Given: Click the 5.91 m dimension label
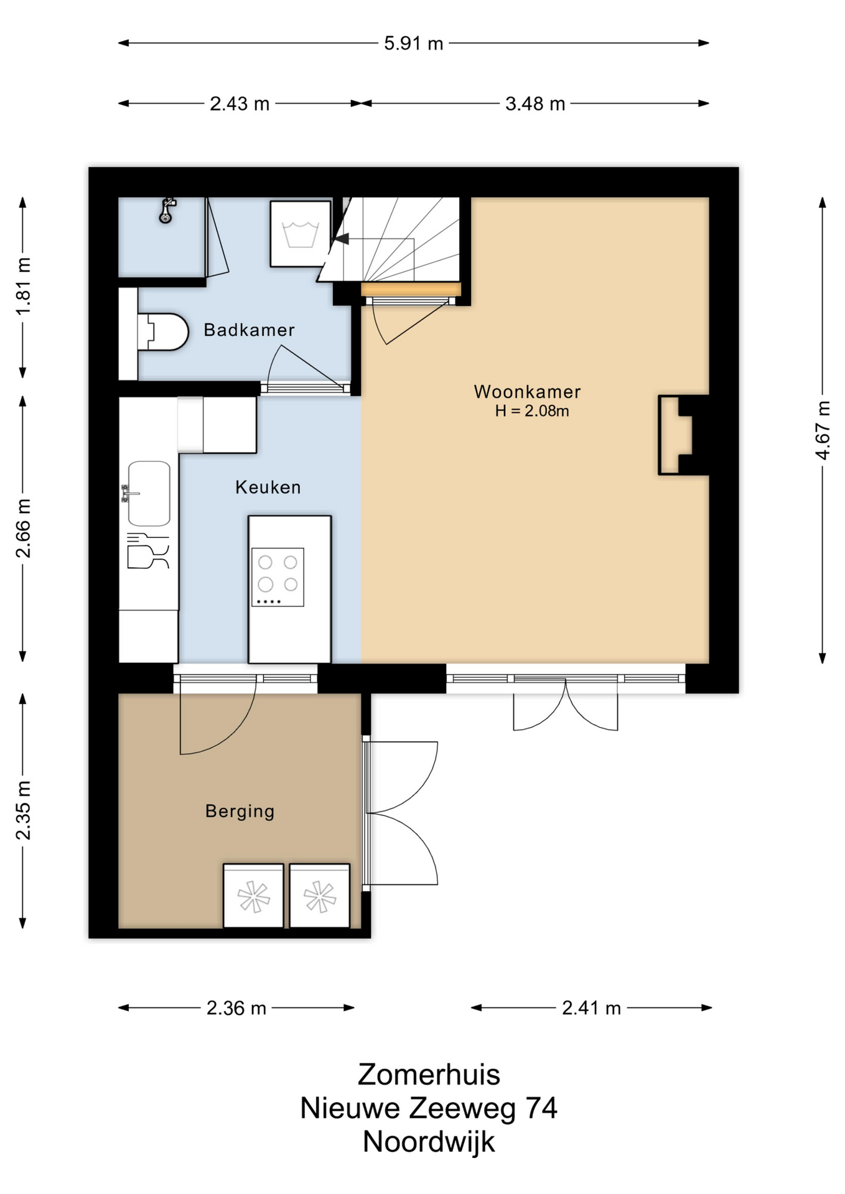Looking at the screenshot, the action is pos(413,44).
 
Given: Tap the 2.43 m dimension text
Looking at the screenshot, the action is pos(240,104).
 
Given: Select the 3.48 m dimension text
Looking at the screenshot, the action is pos(535,104).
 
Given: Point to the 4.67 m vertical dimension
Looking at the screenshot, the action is pos(823,430).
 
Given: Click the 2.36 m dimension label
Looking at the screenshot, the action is pos(236,1008).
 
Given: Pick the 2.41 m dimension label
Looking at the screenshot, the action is pos(592,1008).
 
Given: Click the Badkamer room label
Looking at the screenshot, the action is pos(249,330).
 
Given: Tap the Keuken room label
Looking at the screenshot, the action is pos(268,487).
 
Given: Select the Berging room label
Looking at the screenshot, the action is pos(240,812).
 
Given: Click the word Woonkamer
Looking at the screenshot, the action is pos(527,392).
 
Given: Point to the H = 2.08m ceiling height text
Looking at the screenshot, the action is pos(532,411).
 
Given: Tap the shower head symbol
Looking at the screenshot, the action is pos(166,210).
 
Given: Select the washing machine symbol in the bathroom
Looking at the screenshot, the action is pos(301,234).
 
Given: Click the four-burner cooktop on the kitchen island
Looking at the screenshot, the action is pos(278,577).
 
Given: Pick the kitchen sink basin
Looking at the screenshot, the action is pos(149,494).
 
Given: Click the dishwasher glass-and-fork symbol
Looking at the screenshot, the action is pos(147,551).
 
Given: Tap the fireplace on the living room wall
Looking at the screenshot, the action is pos(676,435).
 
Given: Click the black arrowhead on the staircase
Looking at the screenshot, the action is pos(342,239).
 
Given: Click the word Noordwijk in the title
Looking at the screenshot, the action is pos(429,1142).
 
